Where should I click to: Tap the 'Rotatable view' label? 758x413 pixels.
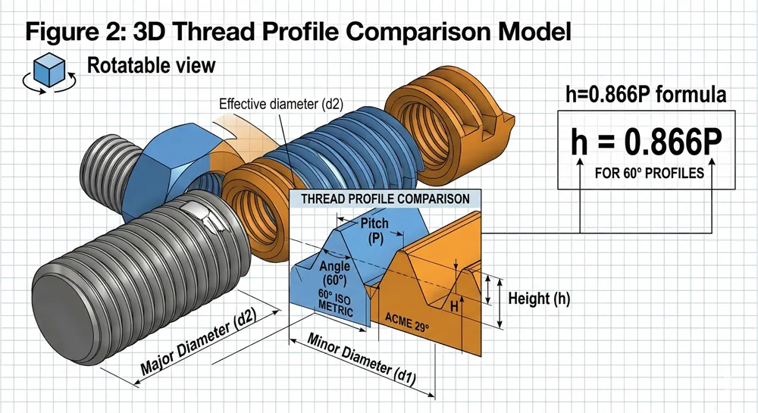pyautogui.click(x=151, y=66)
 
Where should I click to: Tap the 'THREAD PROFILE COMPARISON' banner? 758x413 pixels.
pyautogui.click(x=386, y=199)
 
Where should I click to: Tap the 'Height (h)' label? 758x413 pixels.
pyautogui.click(x=539, y=299)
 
